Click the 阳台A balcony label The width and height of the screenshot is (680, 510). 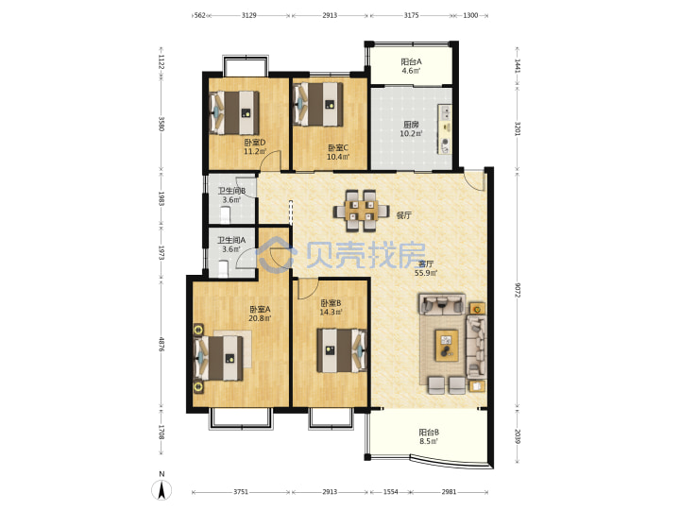point(411,61)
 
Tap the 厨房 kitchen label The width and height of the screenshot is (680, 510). point(411,125)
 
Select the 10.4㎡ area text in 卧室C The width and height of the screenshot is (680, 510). point(338,157)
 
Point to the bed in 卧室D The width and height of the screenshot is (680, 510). point(234,112)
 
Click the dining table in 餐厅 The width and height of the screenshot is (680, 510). point(361,211)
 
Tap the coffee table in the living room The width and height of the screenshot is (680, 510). point(447,345)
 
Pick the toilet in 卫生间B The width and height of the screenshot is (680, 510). point(225,215)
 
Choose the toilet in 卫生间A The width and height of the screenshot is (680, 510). point(223,268)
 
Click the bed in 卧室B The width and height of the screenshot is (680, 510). point(342,350)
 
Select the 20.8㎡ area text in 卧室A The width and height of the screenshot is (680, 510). point(260,318)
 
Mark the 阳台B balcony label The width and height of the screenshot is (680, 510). point(429,432)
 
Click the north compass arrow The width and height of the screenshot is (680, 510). point(161,490)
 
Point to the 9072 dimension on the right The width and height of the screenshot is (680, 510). point(517,290)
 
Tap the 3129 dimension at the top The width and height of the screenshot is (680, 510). point(249,15)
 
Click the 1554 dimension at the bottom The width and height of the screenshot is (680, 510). point(390,492)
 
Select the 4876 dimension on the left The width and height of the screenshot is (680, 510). point(161,345)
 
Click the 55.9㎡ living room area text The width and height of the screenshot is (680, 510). point(426,273)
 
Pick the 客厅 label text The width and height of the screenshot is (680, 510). point(426,263)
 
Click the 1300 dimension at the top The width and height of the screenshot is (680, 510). point(470,15)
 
